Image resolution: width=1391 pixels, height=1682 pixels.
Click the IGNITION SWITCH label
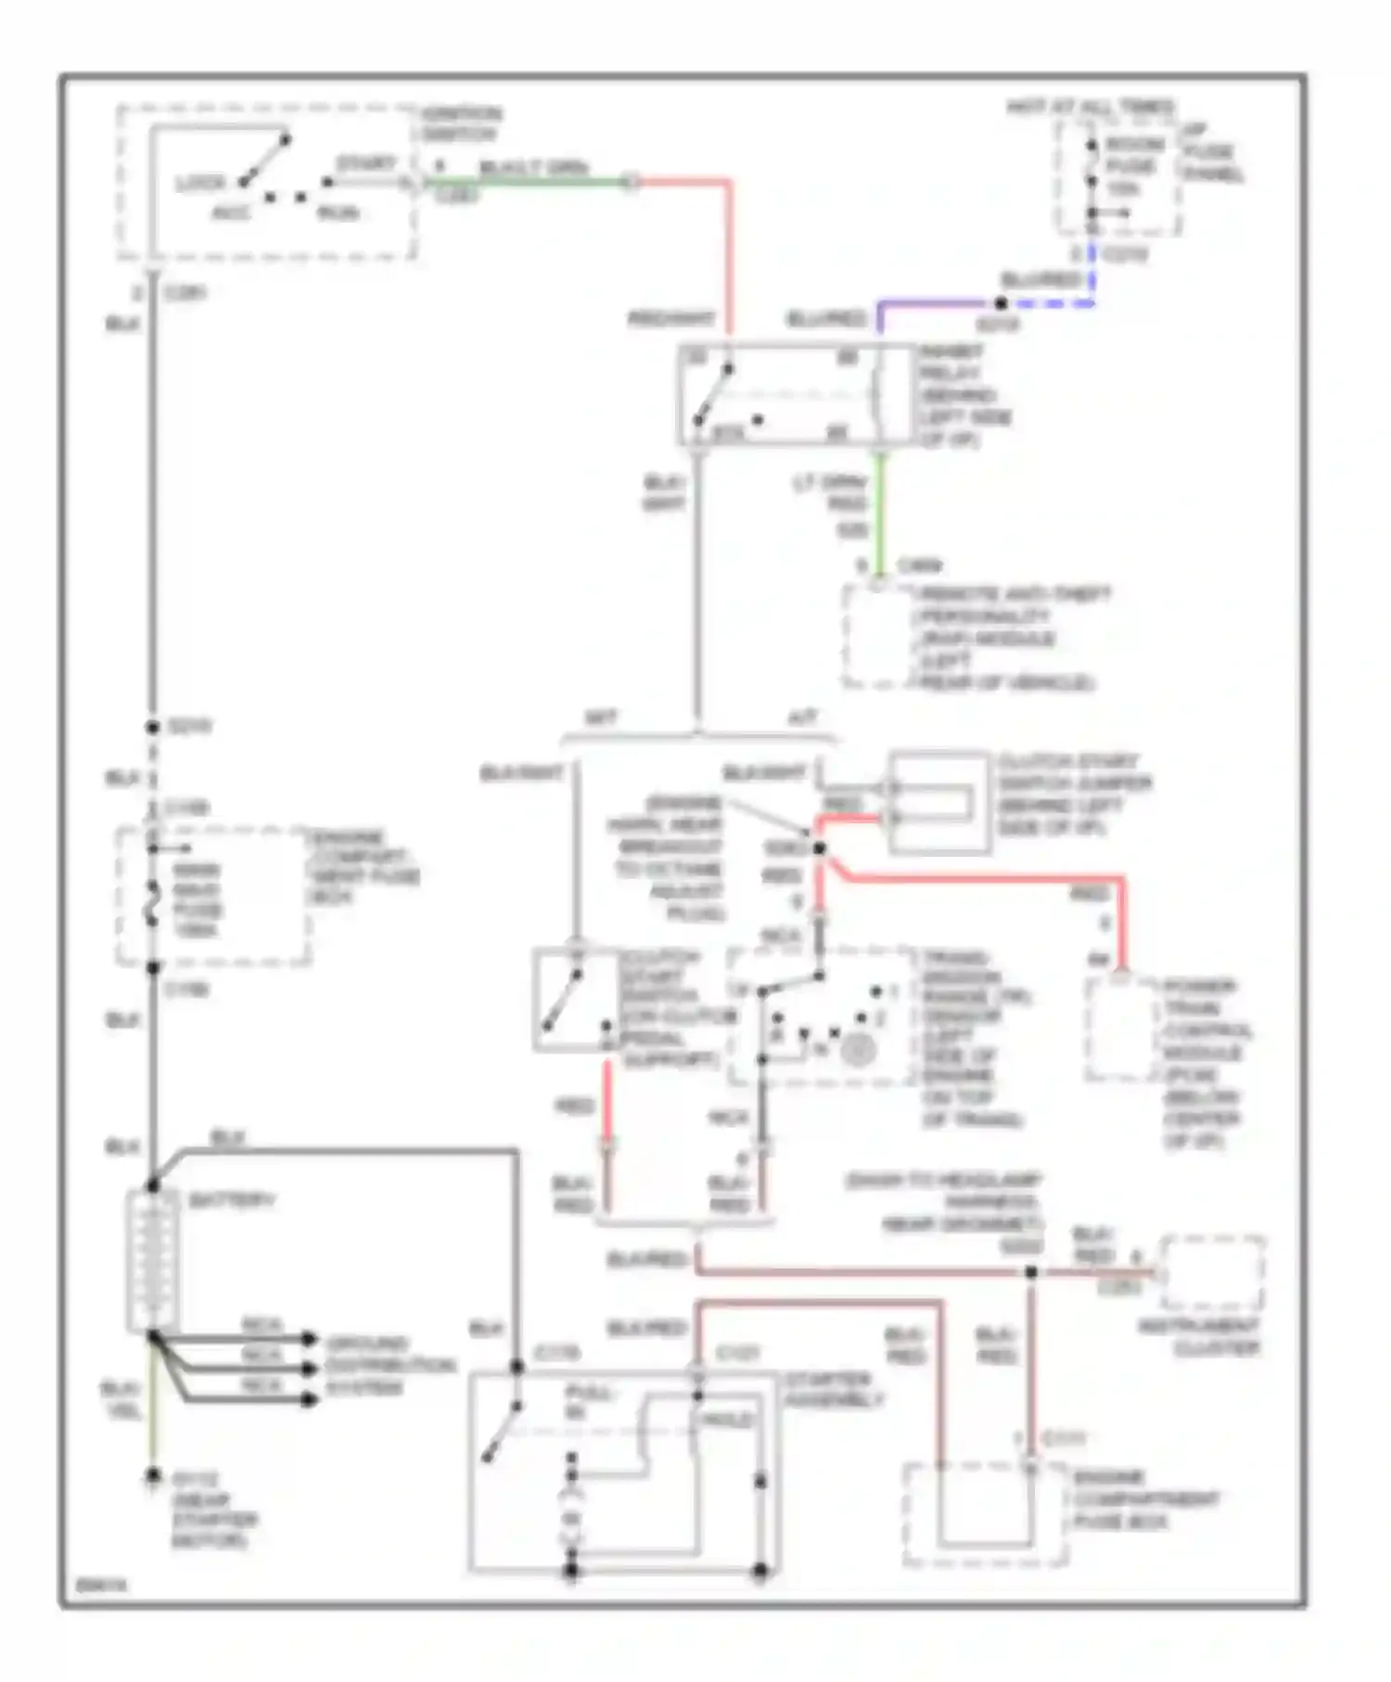point(461,124)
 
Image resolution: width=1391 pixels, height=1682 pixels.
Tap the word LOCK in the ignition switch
point(199,184)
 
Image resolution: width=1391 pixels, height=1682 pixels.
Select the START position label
point(365,164)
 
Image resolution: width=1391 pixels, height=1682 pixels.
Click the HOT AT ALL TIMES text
point(1091,108)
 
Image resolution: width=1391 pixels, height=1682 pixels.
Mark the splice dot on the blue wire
point(1000,303)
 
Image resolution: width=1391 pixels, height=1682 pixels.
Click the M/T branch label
point(600,719)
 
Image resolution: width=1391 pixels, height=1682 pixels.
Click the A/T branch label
point(802,719)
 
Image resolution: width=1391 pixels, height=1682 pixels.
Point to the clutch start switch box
point(575,1000)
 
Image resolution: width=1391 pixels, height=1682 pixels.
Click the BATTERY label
point(232,1201)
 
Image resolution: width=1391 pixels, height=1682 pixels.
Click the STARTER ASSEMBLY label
point(831,1389)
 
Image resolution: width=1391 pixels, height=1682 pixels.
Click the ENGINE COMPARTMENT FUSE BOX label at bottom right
point(1144,1499)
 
